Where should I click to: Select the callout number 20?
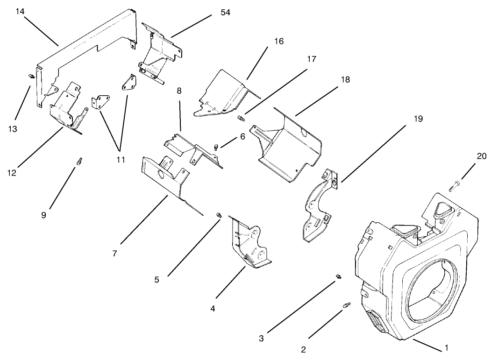click(x=481, y=156)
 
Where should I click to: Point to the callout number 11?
click(x=121, y=160)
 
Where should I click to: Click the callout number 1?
click(x=446, y=347)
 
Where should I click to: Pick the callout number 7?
click(x=114, y=253)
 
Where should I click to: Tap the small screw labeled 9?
click(x=79, y=162)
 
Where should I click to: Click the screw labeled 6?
click(x=216, y=147)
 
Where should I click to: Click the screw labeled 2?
click(x=346, y=305)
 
